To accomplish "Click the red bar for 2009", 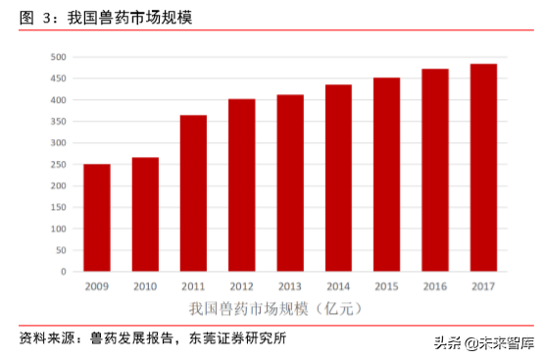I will [x=96, y=218].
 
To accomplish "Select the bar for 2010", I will [x=145, y=214].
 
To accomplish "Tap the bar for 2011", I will [x=193, y=193].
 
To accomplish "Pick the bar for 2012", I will [x=241, y=185].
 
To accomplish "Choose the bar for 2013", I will [x=290, y=182].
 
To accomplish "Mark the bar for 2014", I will [x=338, y=178].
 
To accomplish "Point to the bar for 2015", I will [x=386, y=175].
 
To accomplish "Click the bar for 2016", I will [x=435, y=170].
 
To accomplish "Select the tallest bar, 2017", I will [x=483, y=168].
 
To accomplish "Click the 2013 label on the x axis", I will [x=290, y=285].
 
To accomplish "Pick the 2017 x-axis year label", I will [x=483, y=285].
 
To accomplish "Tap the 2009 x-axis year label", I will [x=96, y=285].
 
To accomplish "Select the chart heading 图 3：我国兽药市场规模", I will [x=108, y=18].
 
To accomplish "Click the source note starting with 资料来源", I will [x=153, y=339].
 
